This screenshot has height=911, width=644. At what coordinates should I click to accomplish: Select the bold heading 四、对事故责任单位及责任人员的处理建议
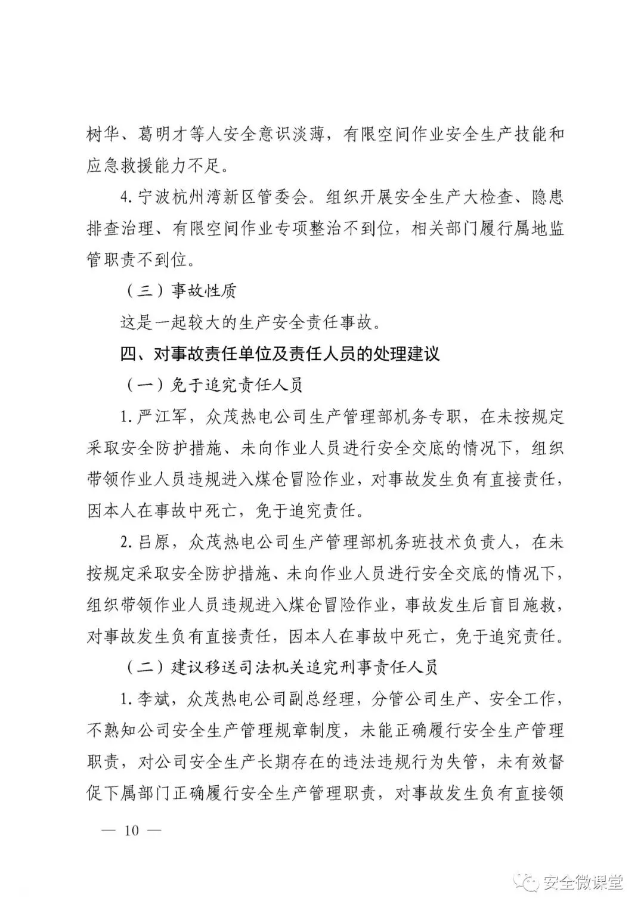[280, 354]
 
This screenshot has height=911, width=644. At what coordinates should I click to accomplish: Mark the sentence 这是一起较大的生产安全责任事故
[249, 323]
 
